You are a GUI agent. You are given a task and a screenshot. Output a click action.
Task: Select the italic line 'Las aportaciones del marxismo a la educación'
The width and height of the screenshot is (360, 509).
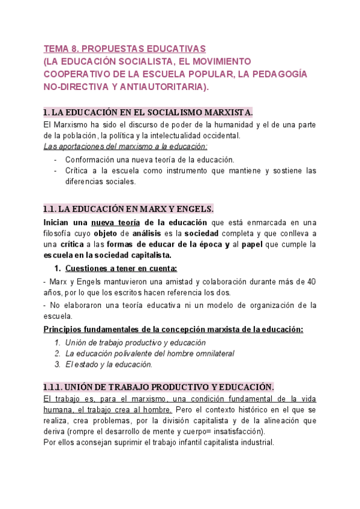click(126, 146)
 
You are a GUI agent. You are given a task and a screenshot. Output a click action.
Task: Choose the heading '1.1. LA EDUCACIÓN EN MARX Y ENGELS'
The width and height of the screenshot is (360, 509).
click(128, 209)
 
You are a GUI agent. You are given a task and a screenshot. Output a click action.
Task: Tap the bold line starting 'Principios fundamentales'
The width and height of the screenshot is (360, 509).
click(174, 329)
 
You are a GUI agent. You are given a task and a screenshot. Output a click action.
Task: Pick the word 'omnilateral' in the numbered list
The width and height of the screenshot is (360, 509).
click(211, 354)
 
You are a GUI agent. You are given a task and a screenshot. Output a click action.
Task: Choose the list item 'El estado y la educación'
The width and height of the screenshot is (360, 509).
click(109, 364)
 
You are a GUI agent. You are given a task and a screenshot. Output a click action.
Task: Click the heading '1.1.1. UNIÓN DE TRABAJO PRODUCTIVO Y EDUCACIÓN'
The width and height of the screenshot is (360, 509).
click(159, 387)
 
